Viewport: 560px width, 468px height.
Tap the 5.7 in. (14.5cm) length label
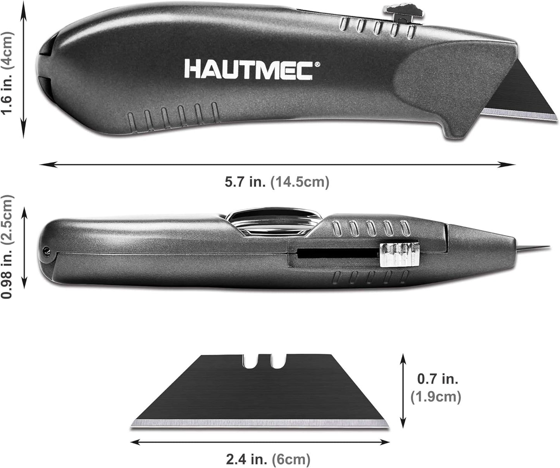tap(277, 182)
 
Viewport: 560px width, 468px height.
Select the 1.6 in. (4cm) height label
tap(7, 73)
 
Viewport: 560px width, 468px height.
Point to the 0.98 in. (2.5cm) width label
tap(7, 246)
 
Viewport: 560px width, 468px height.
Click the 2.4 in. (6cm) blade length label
tap(268, 459)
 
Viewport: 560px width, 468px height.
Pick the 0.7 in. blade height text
tap(438, 379)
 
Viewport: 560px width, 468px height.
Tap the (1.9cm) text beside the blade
tap(436, 396)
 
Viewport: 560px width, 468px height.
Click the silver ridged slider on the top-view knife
tap(399, 255)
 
